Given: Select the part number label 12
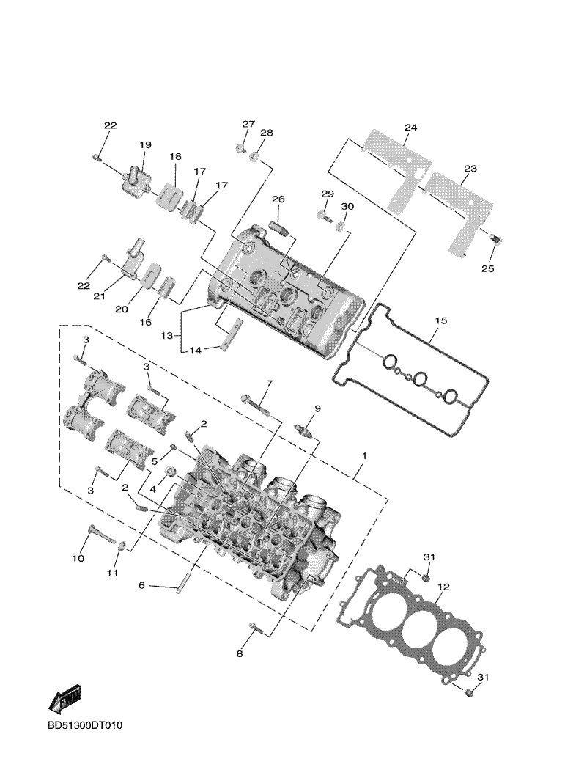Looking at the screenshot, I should (443, 587).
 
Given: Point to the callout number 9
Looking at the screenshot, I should (318, 408).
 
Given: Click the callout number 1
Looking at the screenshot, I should (363, 455).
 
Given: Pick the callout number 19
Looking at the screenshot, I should (144, 144).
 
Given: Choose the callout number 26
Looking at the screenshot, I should (278, 199).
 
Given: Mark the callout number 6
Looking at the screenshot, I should (142, 585).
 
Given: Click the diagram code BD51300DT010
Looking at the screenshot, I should (86, 726).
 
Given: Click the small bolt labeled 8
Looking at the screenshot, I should (254, 628).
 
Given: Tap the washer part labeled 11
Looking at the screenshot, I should (122, 546).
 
